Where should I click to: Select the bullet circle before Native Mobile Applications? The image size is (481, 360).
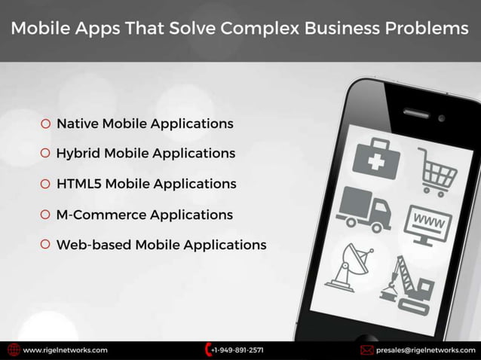46,124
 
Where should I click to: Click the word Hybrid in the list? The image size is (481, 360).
78,154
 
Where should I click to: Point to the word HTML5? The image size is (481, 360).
79,184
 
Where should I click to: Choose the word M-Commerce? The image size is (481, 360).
101,215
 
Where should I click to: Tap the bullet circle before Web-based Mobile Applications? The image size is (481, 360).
46,245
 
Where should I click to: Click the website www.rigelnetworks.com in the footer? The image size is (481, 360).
66,350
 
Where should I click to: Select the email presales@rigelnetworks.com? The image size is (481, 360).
426,350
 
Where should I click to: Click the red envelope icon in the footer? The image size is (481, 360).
367,350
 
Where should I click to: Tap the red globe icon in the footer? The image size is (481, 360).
14,350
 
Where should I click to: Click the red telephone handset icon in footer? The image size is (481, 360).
207,350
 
